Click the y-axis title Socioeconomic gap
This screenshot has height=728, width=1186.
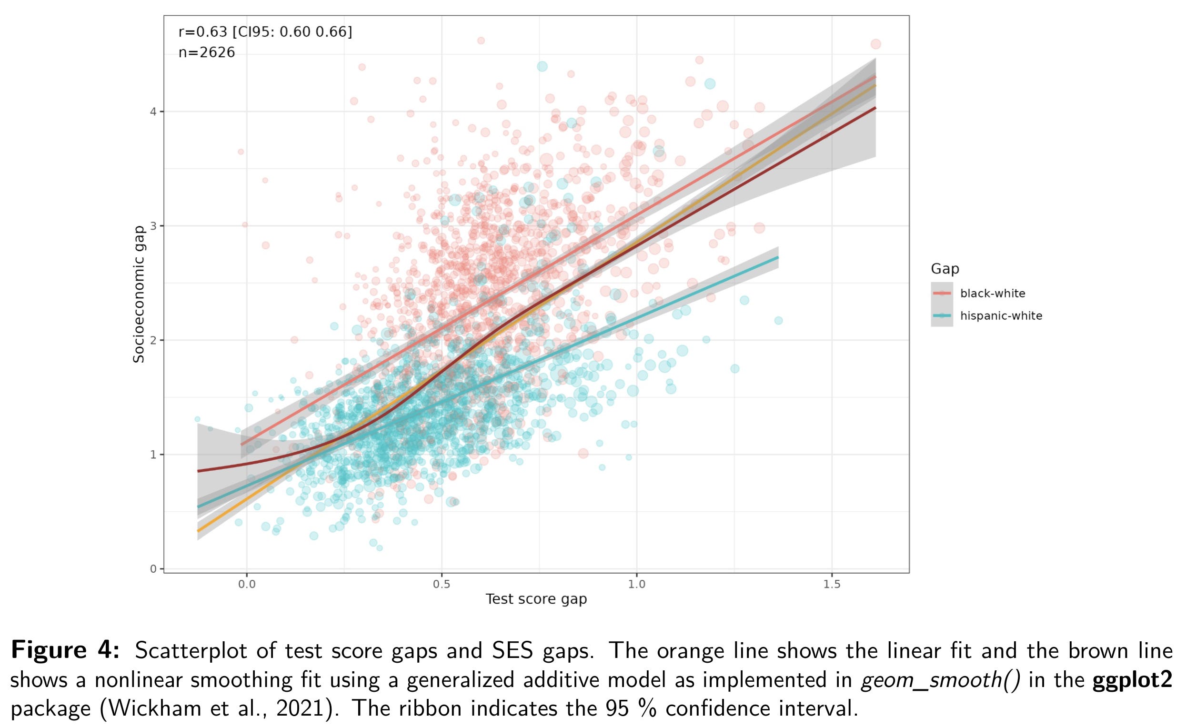[139, 294]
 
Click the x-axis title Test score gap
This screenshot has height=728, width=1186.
[536, 599]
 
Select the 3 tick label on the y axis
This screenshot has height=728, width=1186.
[153, 226]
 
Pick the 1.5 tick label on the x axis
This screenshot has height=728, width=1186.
[831, 584]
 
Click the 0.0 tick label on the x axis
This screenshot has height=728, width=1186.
[246, 584]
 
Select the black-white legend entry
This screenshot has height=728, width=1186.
[992, 293]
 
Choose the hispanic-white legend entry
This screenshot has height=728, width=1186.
[1001, 316]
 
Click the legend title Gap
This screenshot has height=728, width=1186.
[945, 269]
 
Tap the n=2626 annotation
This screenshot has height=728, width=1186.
[207, 52]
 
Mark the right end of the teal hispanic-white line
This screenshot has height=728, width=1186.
[778, 258]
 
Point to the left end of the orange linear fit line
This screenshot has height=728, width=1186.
[198, 531]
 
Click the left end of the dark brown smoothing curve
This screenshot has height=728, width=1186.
[198, 471]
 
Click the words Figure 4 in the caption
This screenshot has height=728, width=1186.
[65, 650]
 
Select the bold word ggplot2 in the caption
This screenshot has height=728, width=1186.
[1133, 680]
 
